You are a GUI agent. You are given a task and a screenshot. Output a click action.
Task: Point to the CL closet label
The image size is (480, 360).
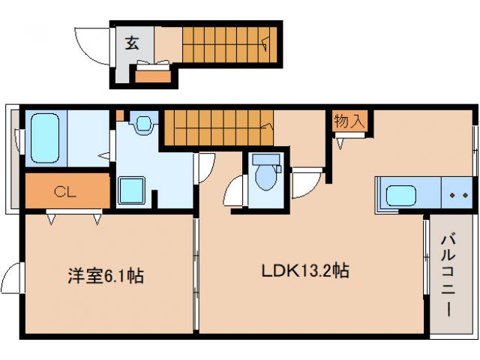tap(64, 192)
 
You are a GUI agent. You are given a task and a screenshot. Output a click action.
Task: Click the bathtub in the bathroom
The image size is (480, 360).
tap(45, 139)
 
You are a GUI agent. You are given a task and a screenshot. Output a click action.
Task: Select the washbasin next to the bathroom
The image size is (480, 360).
tap(142, 122)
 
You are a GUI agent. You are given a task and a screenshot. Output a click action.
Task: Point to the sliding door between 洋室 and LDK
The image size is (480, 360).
tap(196, 274)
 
